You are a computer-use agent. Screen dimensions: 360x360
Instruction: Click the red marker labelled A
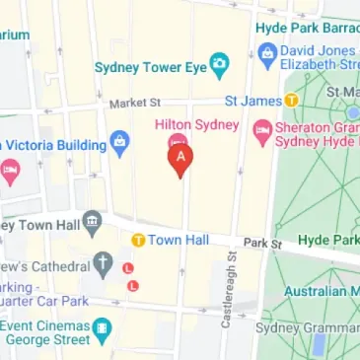pos(179,158)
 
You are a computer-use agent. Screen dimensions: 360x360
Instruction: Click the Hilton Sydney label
pos(197,125)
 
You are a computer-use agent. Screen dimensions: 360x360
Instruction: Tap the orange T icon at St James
pos(292,100)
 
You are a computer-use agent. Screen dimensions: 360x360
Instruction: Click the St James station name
pos(253,100)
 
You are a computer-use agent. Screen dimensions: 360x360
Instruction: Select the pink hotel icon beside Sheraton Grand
pos(262,129)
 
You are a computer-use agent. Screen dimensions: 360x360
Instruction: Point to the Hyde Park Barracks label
pos(307,28)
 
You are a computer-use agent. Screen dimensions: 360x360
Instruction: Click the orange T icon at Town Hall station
pos(139,240)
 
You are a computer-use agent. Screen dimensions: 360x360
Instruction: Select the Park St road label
pos(263,242)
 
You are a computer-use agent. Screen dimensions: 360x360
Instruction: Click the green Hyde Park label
pos(329,240)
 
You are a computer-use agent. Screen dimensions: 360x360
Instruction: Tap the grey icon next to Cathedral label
pos(103,264)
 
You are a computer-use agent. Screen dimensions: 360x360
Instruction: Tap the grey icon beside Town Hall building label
pos(93,220)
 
